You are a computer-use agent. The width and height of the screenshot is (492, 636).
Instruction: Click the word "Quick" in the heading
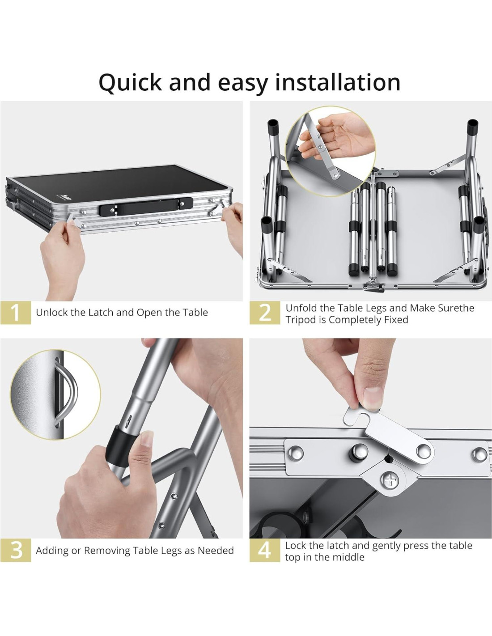tap(130, 83)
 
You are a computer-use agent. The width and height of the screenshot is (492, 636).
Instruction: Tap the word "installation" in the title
tap(338, 82)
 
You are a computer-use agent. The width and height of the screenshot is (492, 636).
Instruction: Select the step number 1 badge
tap(16, 313)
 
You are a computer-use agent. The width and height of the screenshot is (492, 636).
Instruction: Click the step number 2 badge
tap(265, 313)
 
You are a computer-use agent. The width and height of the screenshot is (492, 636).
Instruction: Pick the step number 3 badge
tap(16, 550)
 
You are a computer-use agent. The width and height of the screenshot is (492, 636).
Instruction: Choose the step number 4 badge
tap(265, 550)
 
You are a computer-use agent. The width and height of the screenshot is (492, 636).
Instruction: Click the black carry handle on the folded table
tap(146, 206)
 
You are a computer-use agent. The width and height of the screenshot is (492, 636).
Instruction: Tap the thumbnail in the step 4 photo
tap(371, 399)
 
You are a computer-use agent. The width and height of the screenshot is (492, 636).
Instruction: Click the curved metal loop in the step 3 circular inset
tap(66, 393)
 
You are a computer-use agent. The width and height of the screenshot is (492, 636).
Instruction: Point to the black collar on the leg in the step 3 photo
tap(121, 447)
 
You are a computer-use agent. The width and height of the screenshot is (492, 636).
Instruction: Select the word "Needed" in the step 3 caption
tap(216, 551)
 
